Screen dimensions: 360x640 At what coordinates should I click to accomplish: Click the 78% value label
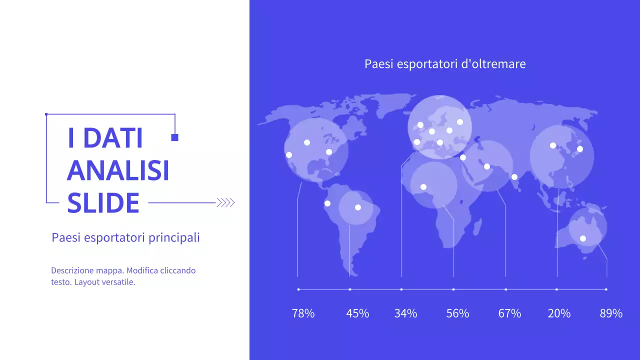click(303, 313)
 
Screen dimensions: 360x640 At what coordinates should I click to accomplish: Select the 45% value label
click(357, 313)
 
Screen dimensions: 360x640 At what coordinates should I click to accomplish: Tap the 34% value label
click(405, 313)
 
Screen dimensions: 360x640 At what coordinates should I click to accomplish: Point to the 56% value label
click(457, 313)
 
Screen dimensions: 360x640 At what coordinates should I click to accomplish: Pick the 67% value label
click(509, 313)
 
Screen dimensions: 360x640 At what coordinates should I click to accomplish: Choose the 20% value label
click(559, 313)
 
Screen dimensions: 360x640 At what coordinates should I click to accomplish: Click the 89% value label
click(611, 313)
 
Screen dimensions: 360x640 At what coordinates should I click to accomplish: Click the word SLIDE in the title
click(103, 203)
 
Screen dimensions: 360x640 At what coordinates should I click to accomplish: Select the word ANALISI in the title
click(118, 170)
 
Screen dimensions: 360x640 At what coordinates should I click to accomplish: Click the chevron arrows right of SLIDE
click(225, 202)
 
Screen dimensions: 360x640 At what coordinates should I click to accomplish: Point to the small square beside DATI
click(174, 137)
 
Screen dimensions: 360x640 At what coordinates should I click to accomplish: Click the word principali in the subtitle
click(174, 237)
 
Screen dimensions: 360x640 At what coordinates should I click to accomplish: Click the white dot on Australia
click(582, 238)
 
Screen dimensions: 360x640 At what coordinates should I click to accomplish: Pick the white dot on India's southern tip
click(514, 177)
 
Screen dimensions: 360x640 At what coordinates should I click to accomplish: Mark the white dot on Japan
click(580, 149)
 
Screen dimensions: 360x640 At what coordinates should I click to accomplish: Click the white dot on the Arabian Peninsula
click(487, 166)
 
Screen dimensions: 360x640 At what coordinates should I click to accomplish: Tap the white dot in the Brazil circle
click(357, 207)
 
